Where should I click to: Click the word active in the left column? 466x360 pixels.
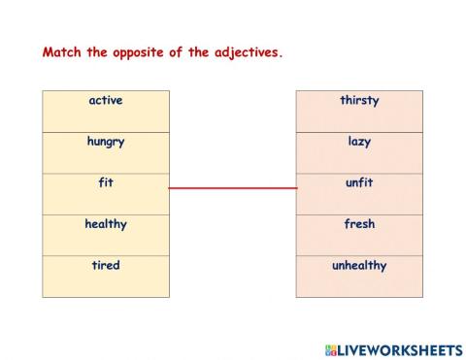[105, 100]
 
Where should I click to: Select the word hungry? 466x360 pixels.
[105, 142]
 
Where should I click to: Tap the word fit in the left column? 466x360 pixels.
[105, 182]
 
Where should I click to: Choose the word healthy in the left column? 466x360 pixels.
[105, 224]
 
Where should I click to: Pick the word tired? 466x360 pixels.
[105, 265]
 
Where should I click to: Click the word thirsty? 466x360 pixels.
[359, 100]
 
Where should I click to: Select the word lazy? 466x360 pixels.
[359, 142]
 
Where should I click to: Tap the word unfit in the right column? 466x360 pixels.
[359, 182]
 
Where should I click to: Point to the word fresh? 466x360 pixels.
[359, 224]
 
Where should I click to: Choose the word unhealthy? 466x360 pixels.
[359, 265]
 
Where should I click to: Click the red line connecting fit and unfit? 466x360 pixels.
[233, 187]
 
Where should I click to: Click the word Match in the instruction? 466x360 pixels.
[62, 53]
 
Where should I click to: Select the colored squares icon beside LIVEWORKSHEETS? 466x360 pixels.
[330, 349]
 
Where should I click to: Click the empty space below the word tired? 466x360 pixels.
[105, 283]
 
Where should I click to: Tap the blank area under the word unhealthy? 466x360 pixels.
[359, 283]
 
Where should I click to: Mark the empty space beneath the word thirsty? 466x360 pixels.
[359, 118]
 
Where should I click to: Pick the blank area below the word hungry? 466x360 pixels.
[105, 160]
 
